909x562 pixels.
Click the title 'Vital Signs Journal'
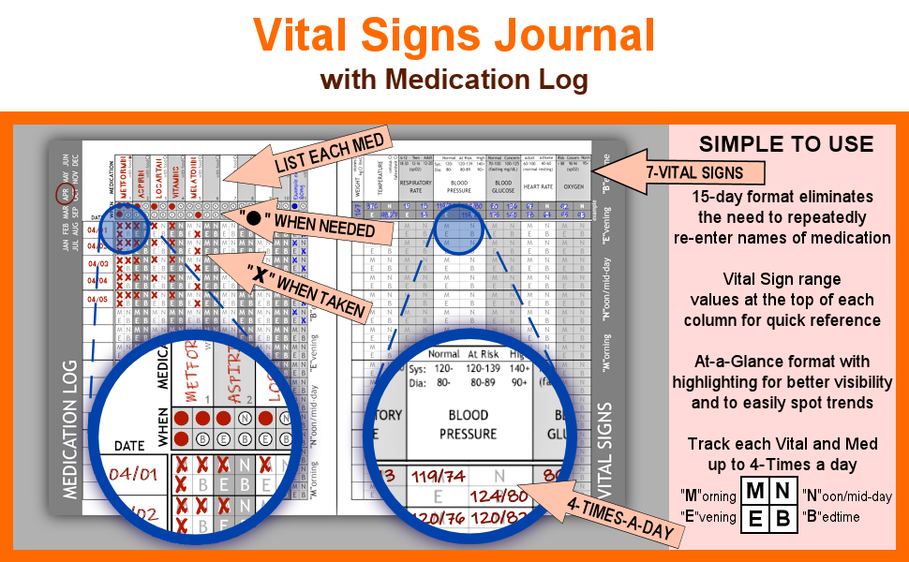click(x=454, y=36)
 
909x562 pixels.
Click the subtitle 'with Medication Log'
click(x=454, y=80)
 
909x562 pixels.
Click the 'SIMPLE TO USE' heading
click(x=786, y=144)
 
